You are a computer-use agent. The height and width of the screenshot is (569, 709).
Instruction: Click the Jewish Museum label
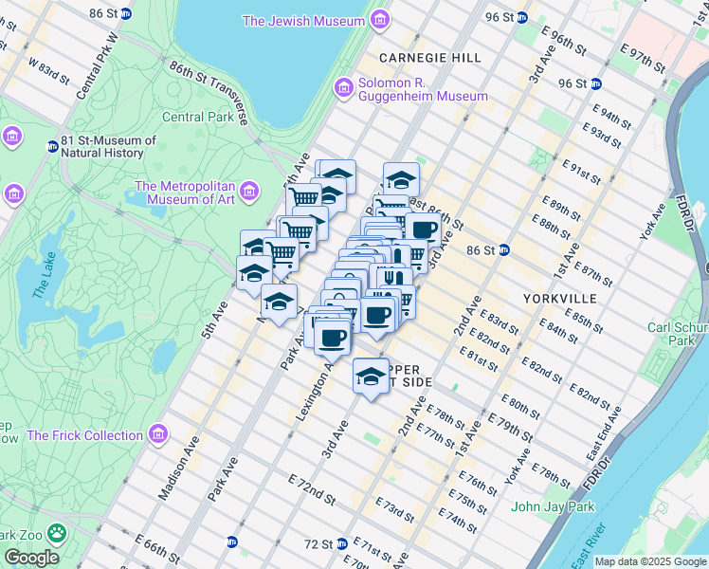point(303,20)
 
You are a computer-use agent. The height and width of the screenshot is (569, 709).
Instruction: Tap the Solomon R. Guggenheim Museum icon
point(343,88)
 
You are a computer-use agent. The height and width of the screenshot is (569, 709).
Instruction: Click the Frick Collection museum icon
point(158,435)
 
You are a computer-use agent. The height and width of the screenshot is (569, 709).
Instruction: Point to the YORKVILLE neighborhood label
point(559,298)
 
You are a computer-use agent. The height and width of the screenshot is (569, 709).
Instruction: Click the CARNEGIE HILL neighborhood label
point(430,58)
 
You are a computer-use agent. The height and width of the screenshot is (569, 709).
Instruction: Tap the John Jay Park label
point(553,506)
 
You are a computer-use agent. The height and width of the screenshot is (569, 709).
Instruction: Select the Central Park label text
point(197,118)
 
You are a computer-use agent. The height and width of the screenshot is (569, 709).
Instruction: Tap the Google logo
point(31,558)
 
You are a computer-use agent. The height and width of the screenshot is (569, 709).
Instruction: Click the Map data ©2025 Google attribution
point(649,561)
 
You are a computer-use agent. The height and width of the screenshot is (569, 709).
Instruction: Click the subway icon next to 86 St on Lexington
point(504,250)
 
